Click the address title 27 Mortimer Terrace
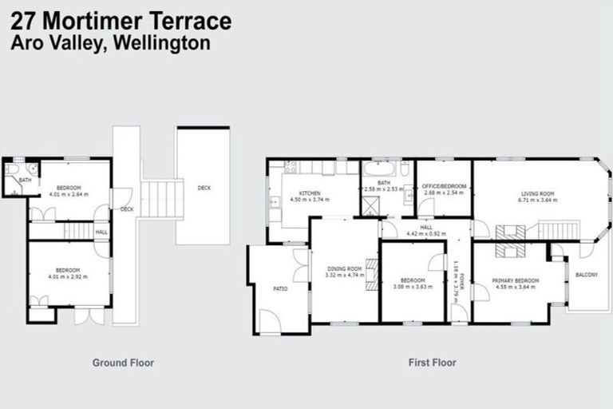pos(121,20)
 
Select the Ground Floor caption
pos(123,363)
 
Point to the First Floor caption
pos(432,363)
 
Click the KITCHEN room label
pos(310,193)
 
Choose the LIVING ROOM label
pos(537,193)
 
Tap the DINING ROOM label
pos(345,269)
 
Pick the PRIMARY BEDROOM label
pos(515,280)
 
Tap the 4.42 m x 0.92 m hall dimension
pos(423,233)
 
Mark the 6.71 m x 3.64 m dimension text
pos(537,200)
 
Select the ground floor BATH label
pos(25,180)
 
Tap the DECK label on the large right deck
pos(204,188)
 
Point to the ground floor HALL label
pos(101,232)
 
